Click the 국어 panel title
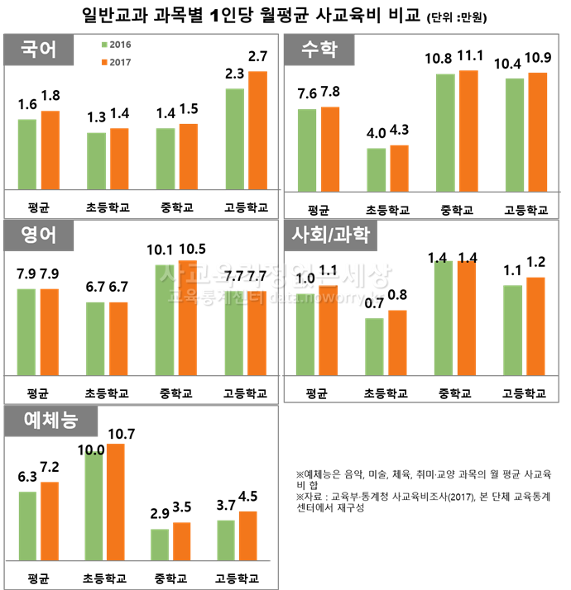38,50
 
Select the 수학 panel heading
319,50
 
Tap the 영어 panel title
38,236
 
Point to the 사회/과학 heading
330,236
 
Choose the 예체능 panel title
50,421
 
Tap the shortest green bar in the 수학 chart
377,169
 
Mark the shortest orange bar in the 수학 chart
399,168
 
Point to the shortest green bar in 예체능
160,545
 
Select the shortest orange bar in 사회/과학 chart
397,343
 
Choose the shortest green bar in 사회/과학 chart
374,347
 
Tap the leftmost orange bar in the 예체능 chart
50,521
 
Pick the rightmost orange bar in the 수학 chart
538,131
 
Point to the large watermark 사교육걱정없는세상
276,274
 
